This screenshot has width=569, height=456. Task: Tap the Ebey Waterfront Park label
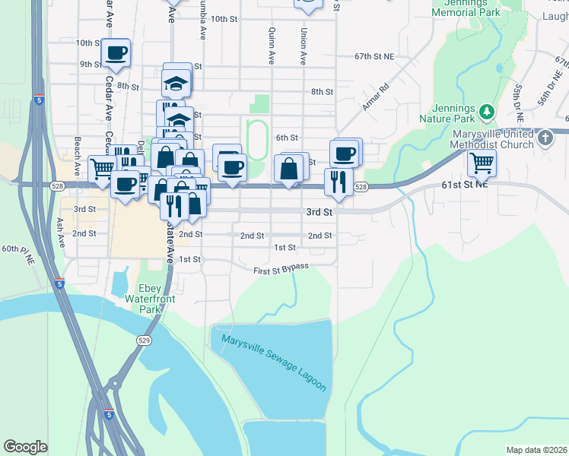[157, 299]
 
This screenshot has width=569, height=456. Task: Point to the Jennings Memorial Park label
[465, 8]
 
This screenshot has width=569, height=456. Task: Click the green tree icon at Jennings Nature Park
[487, 112]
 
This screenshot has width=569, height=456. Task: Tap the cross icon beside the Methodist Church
[545, 138]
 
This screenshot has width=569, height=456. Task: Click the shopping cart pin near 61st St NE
[482, 162]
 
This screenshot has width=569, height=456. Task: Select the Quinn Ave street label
[271, 46]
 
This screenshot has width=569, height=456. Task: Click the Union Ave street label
[303, 46]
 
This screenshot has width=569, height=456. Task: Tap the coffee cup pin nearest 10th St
[116, 53]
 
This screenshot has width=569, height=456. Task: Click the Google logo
[25, 447]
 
